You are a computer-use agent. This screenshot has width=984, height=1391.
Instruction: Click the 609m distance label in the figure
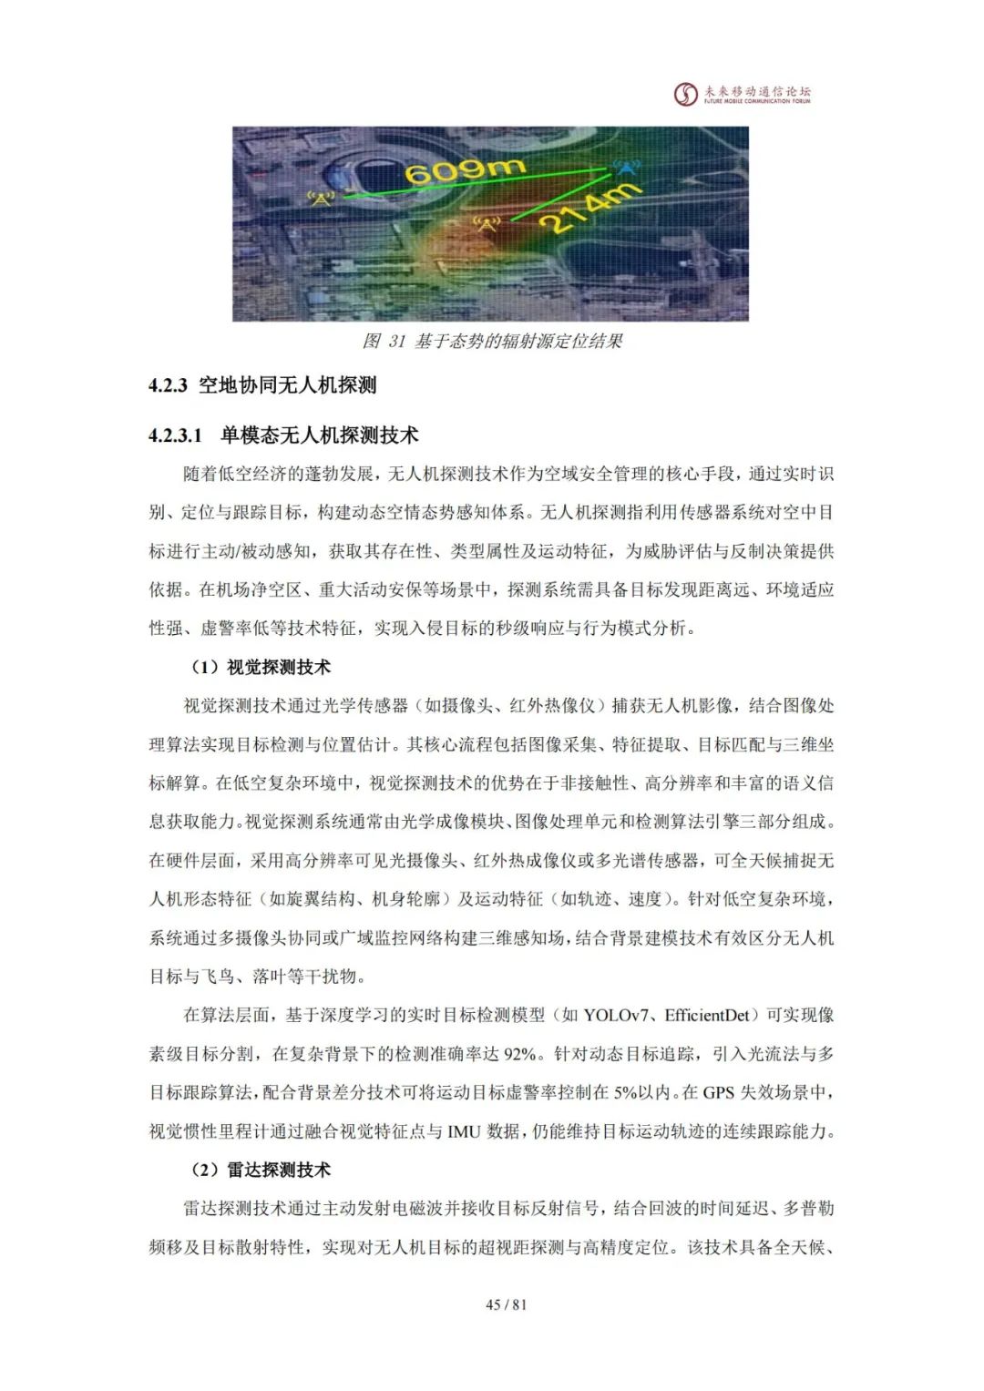coord(465,169)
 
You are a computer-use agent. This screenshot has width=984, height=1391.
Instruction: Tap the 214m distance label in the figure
coord(589,209)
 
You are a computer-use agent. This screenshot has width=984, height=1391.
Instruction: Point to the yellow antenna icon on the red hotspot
coord(487,222)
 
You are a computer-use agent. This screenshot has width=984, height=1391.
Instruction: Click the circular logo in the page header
coord(685,94)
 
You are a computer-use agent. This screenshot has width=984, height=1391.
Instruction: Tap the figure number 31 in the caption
coord(396,342)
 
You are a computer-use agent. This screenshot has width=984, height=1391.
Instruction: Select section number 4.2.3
coord(169,386)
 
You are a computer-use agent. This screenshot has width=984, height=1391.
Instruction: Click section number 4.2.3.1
coord(176,435)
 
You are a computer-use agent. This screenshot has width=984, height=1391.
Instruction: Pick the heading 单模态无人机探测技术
coord(319,435)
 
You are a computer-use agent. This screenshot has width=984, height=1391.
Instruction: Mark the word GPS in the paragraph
coord(718,1093)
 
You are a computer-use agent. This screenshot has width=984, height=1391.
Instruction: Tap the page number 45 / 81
coord(507,1304)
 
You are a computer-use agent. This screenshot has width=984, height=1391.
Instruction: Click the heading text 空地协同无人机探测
coord(287,386)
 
